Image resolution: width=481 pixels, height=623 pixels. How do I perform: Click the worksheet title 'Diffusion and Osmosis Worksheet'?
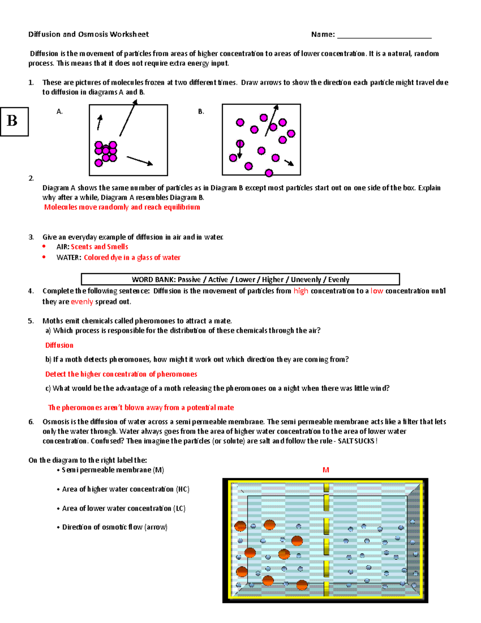[88, 34]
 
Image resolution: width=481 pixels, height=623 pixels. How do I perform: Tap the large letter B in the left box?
[12, 121]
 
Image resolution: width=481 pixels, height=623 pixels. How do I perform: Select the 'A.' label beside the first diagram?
[60, 112]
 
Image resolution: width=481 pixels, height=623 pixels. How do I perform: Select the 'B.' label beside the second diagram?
[201, 112]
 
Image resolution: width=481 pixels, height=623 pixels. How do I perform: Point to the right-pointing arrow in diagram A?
[139, 160]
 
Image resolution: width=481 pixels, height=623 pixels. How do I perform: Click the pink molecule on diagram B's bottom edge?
[269, 173]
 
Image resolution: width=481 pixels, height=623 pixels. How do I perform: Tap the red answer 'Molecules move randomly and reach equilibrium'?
[122, 207]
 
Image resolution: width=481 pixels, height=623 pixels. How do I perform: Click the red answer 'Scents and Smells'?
[99, 247]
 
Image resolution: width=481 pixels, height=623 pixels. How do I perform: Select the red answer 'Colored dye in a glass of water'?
[132, 258]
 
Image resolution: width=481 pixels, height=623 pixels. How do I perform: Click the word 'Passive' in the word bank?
[189, 280]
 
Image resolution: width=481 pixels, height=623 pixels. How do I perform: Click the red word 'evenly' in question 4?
[82, 302]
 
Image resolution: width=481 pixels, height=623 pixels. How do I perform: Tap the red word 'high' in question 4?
[301, 291]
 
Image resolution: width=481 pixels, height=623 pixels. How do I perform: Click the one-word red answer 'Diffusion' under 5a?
[59, 345]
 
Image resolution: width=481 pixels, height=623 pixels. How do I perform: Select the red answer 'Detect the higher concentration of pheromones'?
[121, 374]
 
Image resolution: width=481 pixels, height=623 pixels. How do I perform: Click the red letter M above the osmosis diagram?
[326, 470]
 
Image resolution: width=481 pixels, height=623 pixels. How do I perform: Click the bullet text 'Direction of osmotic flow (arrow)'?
[115, 527]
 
